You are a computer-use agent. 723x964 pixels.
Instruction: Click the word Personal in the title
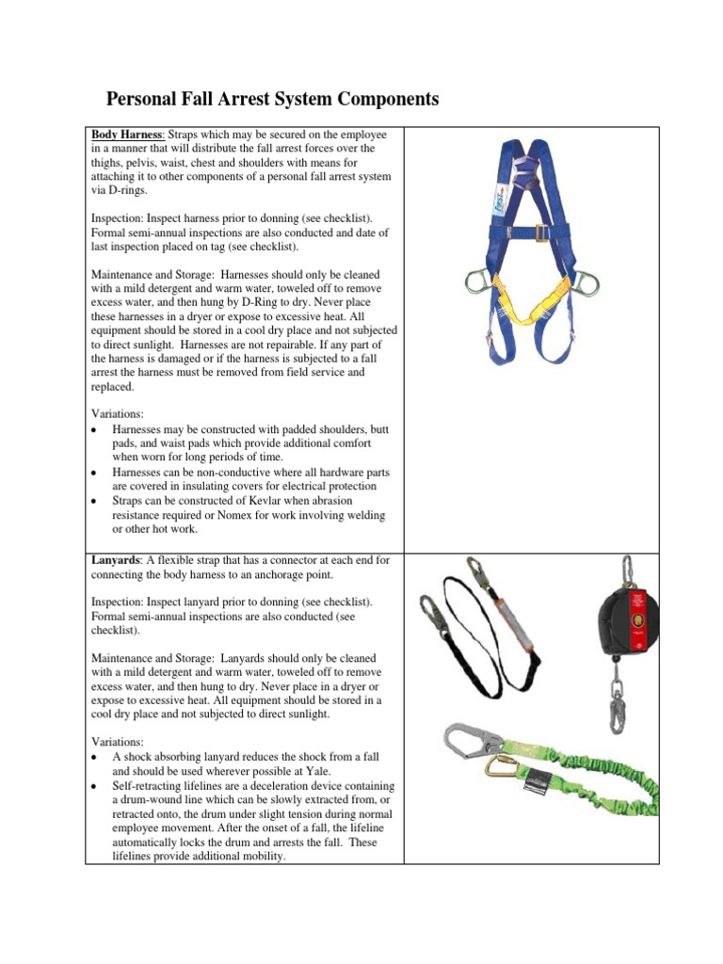pos(144,99)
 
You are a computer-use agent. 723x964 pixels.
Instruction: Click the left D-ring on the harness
pos(478,282)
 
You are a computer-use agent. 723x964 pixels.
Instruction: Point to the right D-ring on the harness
pos(580,283)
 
